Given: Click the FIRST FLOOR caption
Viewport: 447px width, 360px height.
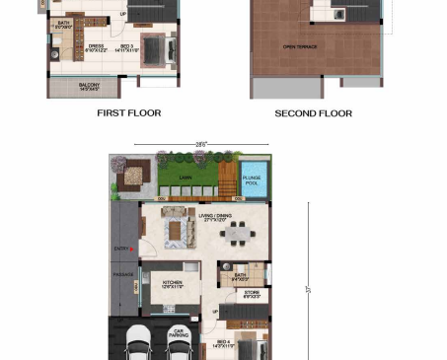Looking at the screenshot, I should pos(128,113).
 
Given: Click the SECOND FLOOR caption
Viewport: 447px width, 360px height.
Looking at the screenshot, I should pos(313,113).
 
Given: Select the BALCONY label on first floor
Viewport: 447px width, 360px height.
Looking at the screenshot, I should pos(89,87).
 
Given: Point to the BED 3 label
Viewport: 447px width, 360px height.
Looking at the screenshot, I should pos(126,46).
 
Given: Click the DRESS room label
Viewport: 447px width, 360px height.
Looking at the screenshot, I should pos(97,46).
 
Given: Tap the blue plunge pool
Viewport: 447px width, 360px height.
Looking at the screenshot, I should pos(252,179).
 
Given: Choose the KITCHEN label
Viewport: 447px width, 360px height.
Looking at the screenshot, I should pos(172,283).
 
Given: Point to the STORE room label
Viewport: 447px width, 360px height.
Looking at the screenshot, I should pos(252,293).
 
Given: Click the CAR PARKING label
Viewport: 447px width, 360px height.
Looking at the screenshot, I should pos(179,332).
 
